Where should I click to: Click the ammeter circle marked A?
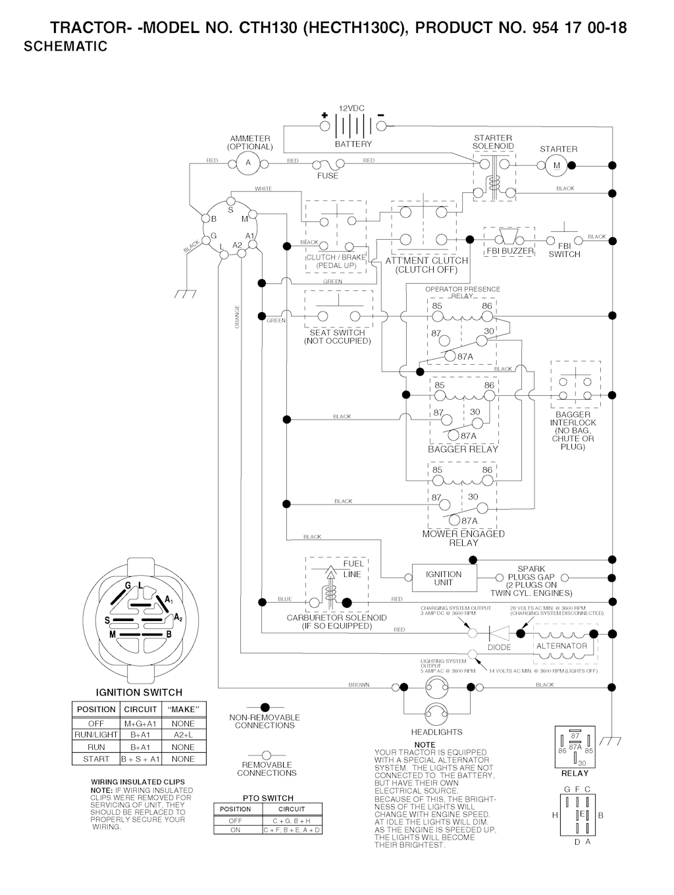tap(248, 163)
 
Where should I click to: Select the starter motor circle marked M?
tap(557, 165)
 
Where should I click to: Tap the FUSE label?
tap(328, 176)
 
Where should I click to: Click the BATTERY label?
tap(353, 144)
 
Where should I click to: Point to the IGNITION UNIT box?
tap(444, 578)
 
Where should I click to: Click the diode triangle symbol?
tap(499, 634)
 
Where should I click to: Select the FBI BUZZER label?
tap(510, 251)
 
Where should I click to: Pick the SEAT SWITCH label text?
tap(337, 333)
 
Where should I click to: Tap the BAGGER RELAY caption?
tap(463, 449)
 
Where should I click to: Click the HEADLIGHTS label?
tap(436, 732)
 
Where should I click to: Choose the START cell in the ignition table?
tap(96, 759)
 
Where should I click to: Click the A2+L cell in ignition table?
tap(182, 734)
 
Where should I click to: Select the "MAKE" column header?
tap(182, 709)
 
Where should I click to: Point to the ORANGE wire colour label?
tap(237, 316)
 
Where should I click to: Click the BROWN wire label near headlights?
tap(359, 685)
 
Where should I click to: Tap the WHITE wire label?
tap(263, 189)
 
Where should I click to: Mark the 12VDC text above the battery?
tap(351, 108)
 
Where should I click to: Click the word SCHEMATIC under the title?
tap(65, 47)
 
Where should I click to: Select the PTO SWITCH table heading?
tap(268, 798)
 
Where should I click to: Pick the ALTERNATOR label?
tap(561, 646)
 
